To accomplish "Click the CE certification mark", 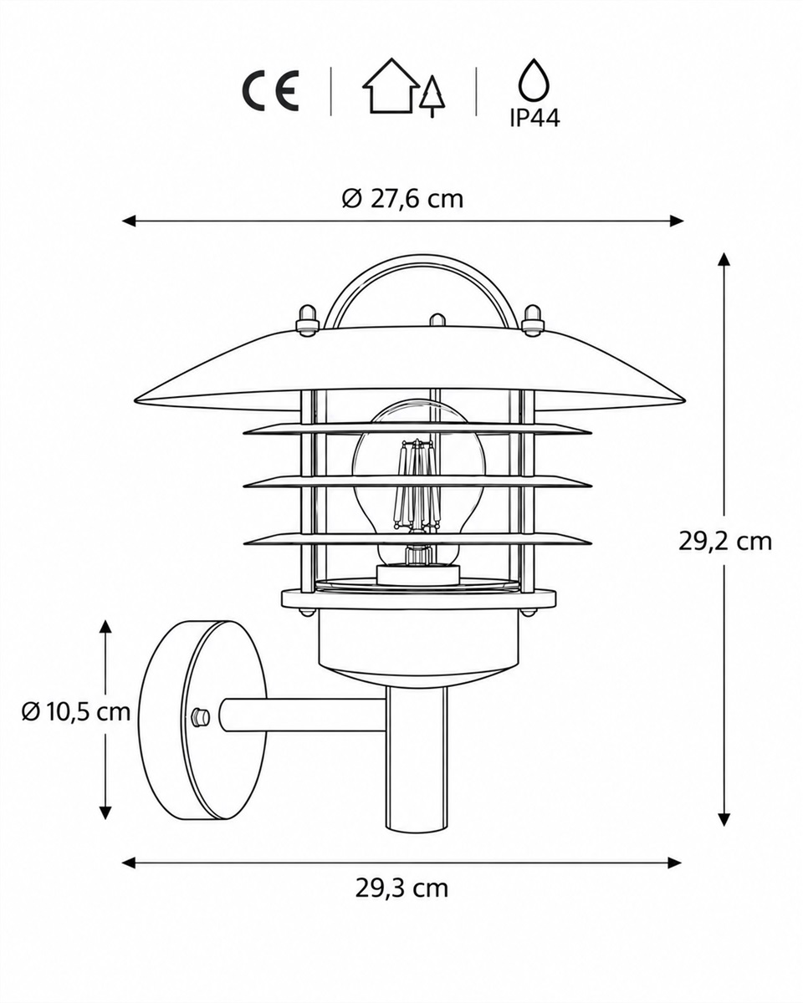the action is (270, 92).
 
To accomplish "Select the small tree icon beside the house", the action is (432, 96).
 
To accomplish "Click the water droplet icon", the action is (534, 79).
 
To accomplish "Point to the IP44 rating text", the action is (534, 118).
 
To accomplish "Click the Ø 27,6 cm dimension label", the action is (402, 200).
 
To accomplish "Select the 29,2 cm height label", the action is (725, 542).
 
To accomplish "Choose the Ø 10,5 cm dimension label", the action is (76, 712).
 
